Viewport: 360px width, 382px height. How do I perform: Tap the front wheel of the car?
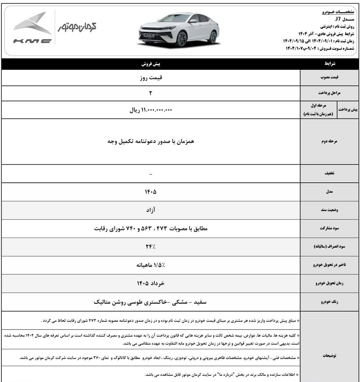pyautogui.click(x=182, y=39)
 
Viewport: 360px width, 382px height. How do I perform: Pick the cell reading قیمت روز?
pyautogui.click(x=150, y=77)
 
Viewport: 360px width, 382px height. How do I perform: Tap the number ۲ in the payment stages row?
pyautogui.click(x=151, y=94)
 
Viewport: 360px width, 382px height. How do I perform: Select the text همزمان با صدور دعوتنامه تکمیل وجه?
pyautogui.click(x=150, y=141)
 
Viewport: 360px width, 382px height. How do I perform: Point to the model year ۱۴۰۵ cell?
pyautogui.click(x=150, y=192)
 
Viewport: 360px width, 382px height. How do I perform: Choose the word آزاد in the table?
pyautogui.click(x=150, y=210)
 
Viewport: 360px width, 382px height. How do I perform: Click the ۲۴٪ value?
pyautogui.click(x=150, y=247)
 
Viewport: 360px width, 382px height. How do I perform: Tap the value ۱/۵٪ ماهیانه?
pyautogui.click(x=150, y=265)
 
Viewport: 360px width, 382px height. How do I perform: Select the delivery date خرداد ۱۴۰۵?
pyautogui.click(x=150, y=283)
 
